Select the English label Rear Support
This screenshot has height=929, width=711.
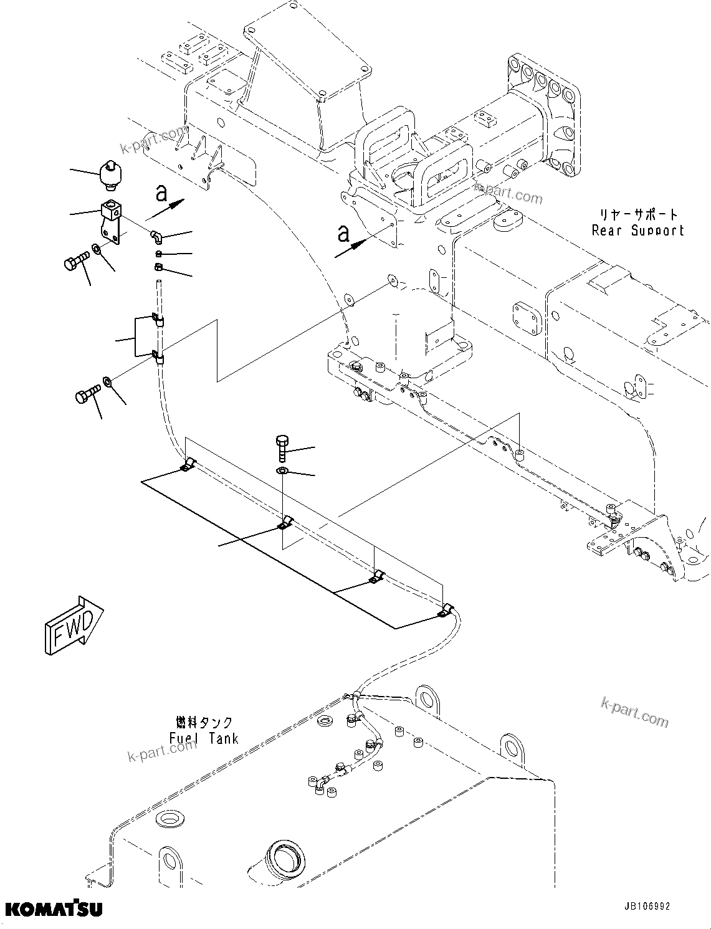click(637, 231)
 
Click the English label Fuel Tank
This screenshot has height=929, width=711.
click(204, 738)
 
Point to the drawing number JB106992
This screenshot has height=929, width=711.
click(645, 907)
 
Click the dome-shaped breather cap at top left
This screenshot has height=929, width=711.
click(112, 175)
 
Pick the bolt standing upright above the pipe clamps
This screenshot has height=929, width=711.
click(280, 447)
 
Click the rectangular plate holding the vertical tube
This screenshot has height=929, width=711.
click(144, 336)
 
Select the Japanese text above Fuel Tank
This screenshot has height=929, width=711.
click(204, 722)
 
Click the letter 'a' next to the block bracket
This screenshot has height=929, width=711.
click(161, 194)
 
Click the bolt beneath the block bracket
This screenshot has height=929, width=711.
click(75, 262)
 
